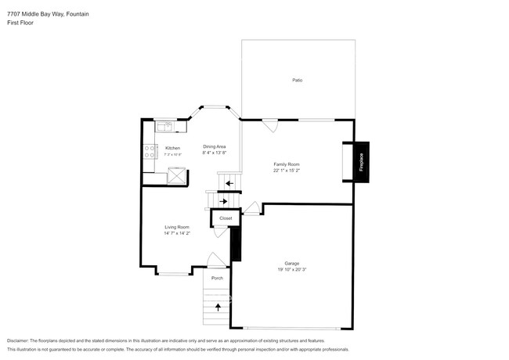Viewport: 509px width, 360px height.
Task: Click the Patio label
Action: [297, 81]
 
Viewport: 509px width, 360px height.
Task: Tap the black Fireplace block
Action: [362, 163]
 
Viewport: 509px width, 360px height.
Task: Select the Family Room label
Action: [283, 164]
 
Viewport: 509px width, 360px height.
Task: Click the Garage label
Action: [291, 264]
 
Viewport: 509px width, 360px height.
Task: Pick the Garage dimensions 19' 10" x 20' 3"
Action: [291, 270]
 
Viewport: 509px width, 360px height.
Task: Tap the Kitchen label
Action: [172, 148]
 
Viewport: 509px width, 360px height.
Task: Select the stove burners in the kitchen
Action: [148, 151]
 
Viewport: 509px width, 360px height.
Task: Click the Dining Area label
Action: [215, 147]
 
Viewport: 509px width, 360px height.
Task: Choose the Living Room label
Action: [176, 227]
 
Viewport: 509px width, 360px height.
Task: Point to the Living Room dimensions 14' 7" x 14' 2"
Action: [176, 233]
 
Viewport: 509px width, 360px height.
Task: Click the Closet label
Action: [226, 218]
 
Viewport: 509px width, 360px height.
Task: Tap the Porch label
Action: [217, 278]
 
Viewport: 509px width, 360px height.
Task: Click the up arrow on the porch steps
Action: [218, 307]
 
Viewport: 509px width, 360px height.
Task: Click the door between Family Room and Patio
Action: [269, 125]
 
